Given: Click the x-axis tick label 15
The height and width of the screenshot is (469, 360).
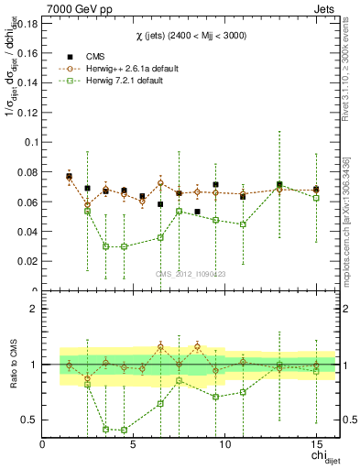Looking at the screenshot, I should tap(316, 443).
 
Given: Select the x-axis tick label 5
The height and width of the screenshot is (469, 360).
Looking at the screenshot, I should tap(134, 443).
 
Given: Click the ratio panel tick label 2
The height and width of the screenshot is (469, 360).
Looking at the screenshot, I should tap(34, 310).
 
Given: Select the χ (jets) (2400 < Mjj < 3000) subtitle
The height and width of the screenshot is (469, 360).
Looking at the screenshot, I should tap(190, 34).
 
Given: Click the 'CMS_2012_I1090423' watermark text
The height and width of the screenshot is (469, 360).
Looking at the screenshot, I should tap(191, 273).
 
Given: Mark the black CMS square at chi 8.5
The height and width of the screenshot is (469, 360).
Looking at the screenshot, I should tap(197, 212).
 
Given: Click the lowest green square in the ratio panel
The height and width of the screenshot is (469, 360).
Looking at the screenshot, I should tap(124, 430).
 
